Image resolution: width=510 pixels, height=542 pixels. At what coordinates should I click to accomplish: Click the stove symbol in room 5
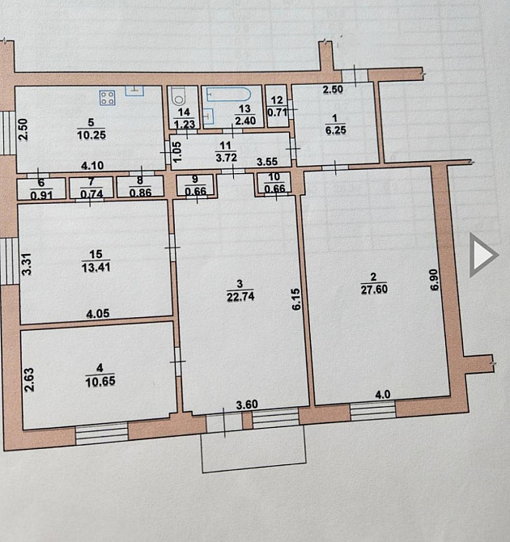click(x=108, y=98)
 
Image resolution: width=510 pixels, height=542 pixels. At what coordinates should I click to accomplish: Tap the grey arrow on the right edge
click(x=484, y=256)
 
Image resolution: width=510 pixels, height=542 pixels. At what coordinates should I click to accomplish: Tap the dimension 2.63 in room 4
click(x=29, y=380)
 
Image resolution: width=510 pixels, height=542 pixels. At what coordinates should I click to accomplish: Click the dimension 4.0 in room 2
click(x=384, y=395)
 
